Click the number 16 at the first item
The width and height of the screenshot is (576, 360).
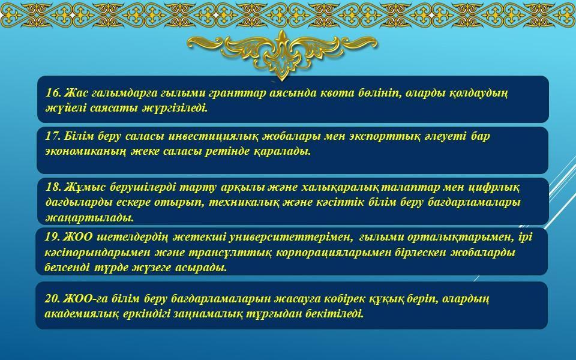(53, 92)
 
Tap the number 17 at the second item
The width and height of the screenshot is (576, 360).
(53, 136)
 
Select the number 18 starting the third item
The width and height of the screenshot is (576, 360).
(53, 187)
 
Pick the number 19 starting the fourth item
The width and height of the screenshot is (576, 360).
(52, 237)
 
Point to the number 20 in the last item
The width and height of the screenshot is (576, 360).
(52, 298)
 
